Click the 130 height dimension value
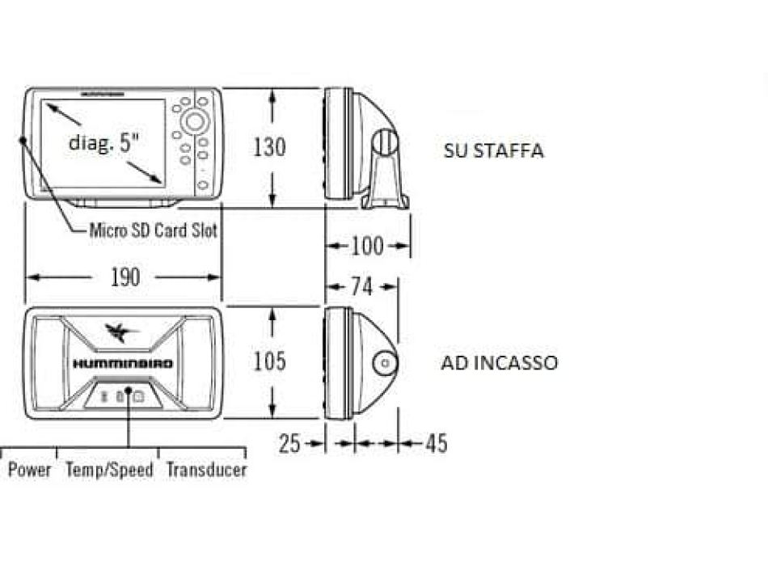coord(269,147)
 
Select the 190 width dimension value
coord(124,277)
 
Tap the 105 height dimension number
coord(269,361)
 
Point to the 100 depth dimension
coord(367,245)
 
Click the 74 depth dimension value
coord(362,285)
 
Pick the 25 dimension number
coord(290,443)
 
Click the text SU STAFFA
coord(493,151)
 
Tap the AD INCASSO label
coord(499,363)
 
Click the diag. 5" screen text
coord(104,143)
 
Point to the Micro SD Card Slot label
coord(153,230)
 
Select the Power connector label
coord(30,470)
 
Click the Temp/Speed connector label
coord(109,470)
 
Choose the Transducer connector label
coord(206,470)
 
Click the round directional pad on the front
coord(194,121)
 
